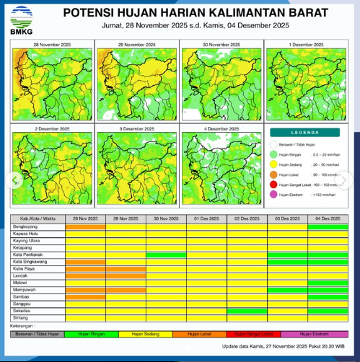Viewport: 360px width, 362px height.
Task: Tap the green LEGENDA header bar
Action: pos(309,133)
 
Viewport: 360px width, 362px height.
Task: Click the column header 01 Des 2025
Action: pos(207,218)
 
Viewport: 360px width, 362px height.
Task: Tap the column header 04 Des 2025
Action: pos(328,218)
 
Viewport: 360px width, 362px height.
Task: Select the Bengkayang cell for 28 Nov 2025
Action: pos(85,226)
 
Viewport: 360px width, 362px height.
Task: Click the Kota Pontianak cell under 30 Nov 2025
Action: pos(166,255)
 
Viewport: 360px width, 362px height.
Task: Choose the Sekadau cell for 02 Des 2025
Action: pos(247,311)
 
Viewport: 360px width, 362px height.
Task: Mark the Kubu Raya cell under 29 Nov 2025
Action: pos(126,268)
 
